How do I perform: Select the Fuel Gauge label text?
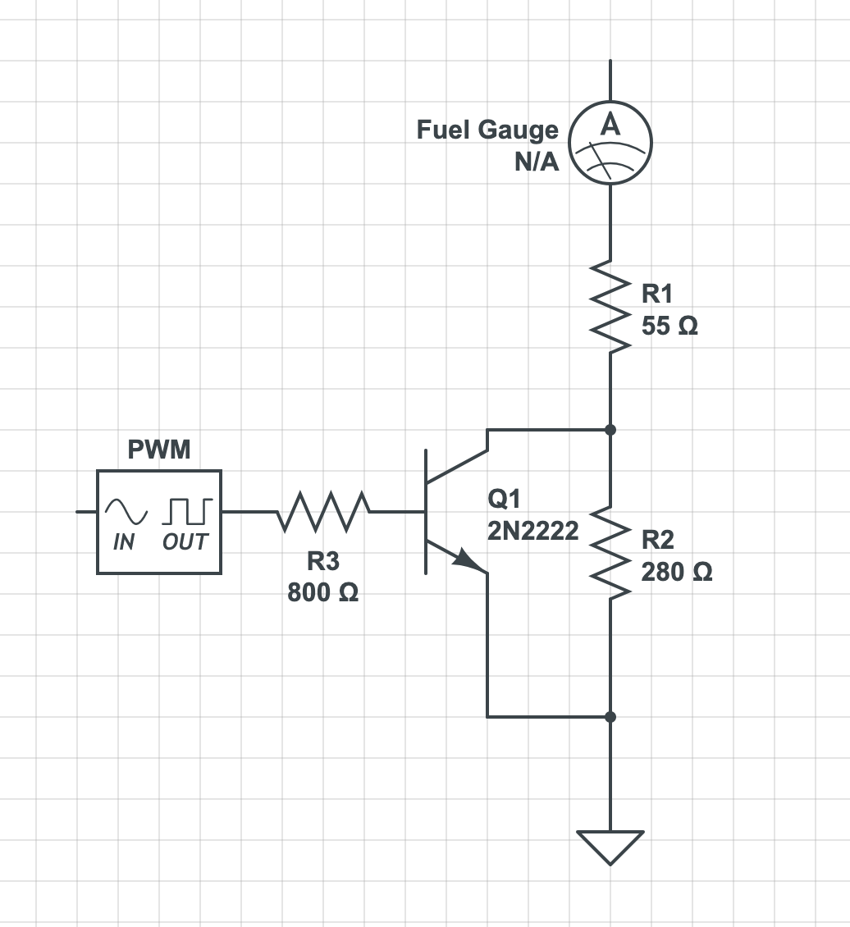pos(487,130)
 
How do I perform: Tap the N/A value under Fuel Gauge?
pos(537,162)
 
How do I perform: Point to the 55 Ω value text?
pos(669,327)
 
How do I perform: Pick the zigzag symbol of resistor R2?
pos(610,552)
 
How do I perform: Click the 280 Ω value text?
pos(677,572)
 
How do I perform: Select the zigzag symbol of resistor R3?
pos(323,511)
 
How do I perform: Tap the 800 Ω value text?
pos(322,592)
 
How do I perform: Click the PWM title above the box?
pos(159,450)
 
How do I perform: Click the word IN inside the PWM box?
pos(124,542)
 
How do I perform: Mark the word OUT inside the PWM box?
pos(185,542)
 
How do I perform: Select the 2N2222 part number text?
pos(533,532)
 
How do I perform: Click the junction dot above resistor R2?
pos(610,429)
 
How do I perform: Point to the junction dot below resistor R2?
pos(610,716)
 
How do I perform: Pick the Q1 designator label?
pos(503,499)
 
